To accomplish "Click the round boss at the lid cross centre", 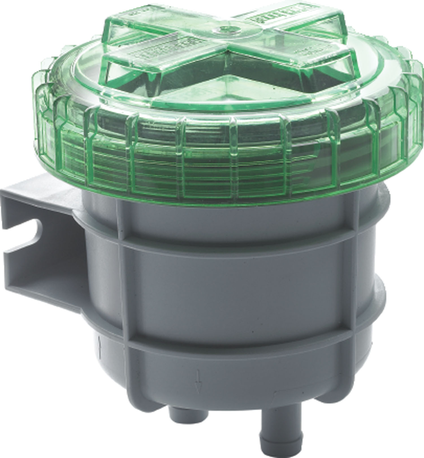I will pos(226,29).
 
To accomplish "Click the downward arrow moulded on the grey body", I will pos(198,384).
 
